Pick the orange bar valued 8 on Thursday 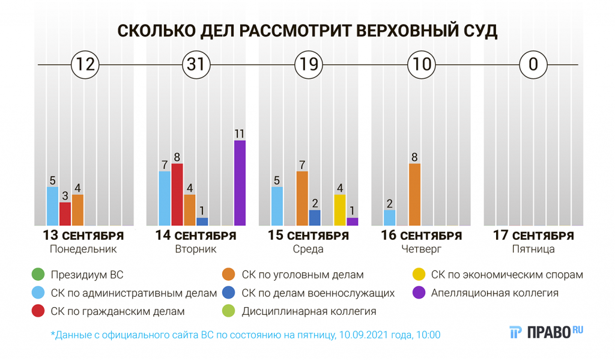(x=415, y=194)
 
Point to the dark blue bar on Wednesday (x=315, y=218)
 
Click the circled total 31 (x=196, y=64)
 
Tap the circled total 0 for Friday (x=533, y=64)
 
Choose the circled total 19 (x=309, y=64)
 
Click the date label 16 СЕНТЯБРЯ (x=422, y=236)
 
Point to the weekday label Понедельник (x=83, y=249)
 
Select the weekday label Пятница (x=533, y=249)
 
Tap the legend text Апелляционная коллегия (x=495, y=293)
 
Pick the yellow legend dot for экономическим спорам (x=419, y=275)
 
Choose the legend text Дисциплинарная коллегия (x=309, y=311)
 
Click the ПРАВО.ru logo (x=546, y=332)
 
